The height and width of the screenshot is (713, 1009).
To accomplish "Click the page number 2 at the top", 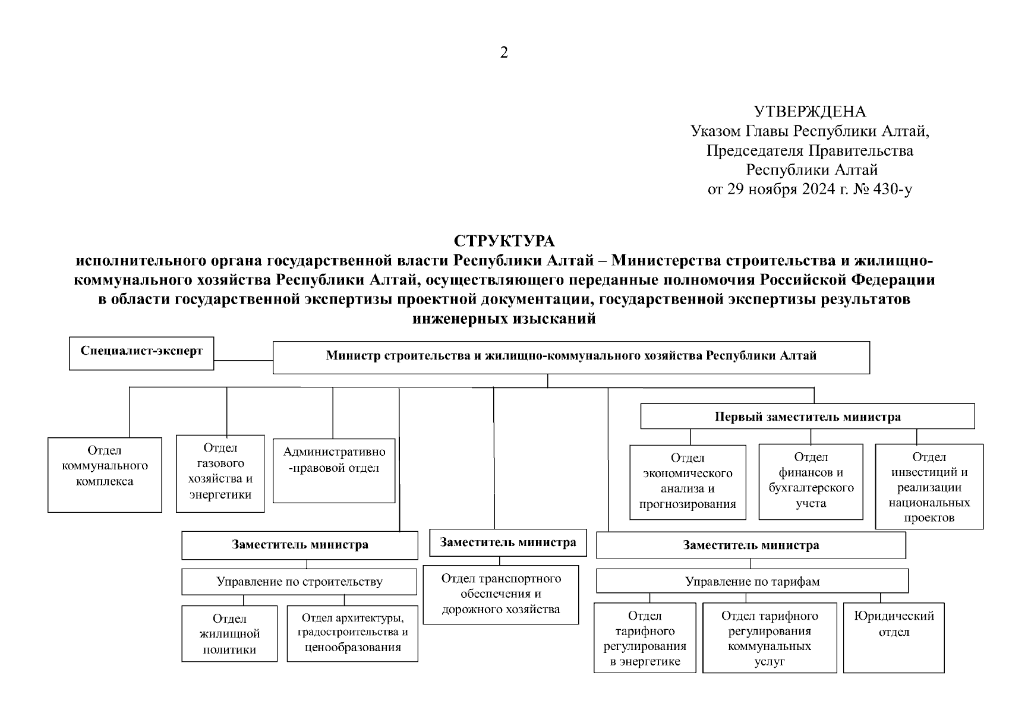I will tap(504, 53).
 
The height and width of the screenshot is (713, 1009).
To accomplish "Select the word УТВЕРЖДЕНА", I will tap(809, 112).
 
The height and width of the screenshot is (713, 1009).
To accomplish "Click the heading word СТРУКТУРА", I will tap(504, 241).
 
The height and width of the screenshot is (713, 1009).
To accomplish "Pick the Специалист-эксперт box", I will tap(141, 354).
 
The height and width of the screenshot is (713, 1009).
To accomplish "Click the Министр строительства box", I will tap(571, 357).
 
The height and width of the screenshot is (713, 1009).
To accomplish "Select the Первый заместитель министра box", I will tap(807, 417).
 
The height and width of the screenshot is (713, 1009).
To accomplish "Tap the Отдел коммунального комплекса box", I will tap(105, 475).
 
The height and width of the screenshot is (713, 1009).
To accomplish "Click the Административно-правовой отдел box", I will tap(334, 470).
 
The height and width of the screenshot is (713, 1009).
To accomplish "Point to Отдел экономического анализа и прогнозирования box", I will tap(688, 482).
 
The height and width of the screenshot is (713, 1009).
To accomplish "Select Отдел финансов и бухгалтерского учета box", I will tap(811, 481).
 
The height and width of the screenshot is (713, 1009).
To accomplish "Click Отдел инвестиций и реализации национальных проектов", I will tap(929, 486).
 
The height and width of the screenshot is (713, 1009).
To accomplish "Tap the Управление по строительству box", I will tap(299, 582).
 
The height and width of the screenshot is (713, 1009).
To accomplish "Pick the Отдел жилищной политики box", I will tap(229, 634).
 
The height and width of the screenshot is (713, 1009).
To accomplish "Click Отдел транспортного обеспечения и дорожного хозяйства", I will tap(500, 594).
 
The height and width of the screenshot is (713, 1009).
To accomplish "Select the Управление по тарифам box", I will tap(752, 581).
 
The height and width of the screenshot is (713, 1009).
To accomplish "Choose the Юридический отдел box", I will tap(894, 638).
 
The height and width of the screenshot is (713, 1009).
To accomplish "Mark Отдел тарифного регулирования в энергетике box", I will tap(645, 638).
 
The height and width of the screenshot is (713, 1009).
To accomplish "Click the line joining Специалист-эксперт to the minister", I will tap(243, 360).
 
